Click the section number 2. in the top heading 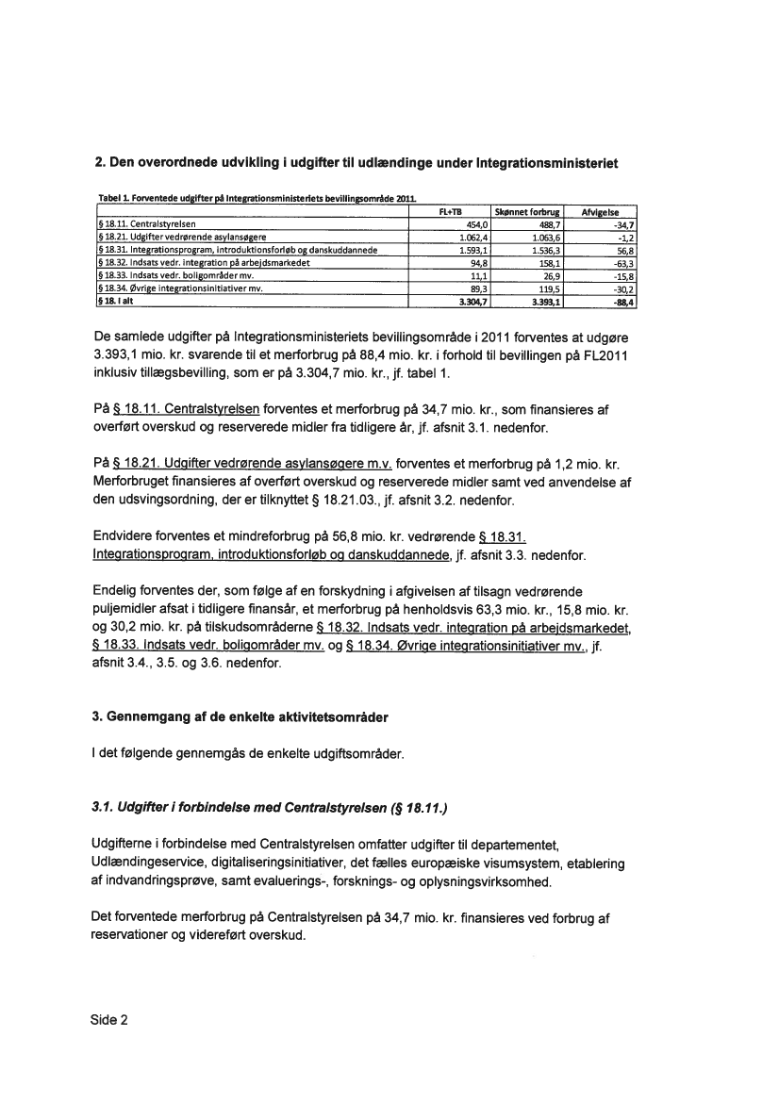click(102, 163)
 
